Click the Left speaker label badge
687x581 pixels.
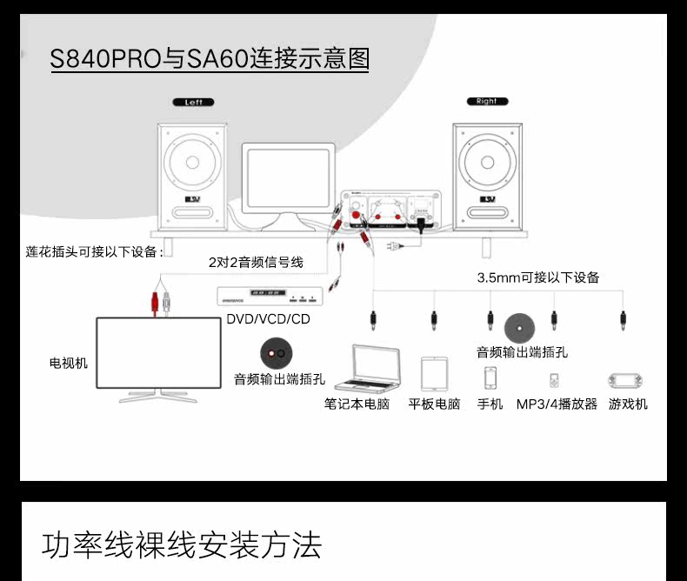pyautogui.click(x=193, y=102)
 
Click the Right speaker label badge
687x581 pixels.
pyautogui.click(x=486, y=101)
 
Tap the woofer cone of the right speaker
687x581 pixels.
pyautogui.click(x=487, y=162)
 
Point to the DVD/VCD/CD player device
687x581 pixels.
pyautogui.click(x=270, y=296)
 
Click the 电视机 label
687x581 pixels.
pyautogui.click(x=68, y=363)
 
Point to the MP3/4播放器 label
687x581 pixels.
pyautogui.click(x=557, y=404)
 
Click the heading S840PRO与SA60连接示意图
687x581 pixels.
pyautogui.click(x=210, y=58)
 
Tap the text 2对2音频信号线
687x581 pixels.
pyautogui.click(x=256, y=262)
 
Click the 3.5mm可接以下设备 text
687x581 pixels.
pyautogui.click(x=538, y=277)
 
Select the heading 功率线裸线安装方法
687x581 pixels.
pyautogui.click(x=182, y=544)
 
